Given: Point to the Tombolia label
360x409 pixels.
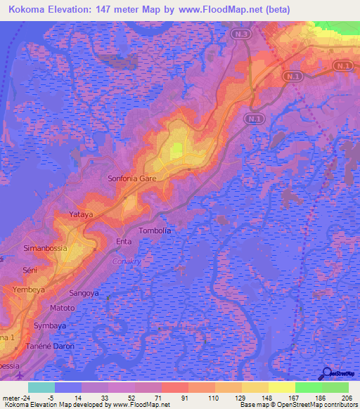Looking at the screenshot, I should [x=155, y=231].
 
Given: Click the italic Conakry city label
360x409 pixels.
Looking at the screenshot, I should [x=127, y=261].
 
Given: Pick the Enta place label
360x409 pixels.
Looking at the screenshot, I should [x=124, y=241].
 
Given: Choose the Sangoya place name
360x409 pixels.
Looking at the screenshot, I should [x=84, y=293].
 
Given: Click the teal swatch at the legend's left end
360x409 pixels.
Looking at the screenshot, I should [x=41, y=387].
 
